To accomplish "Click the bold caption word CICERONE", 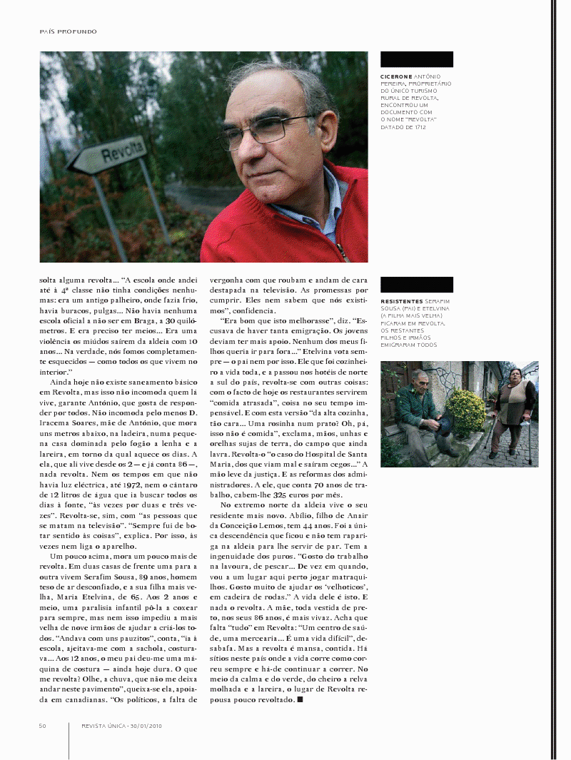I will pyautogui.click(x=397, y=76).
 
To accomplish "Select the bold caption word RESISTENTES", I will pyautogui.click(x=401, y=302).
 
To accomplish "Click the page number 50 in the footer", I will pyautogui.click(x=43, y=726).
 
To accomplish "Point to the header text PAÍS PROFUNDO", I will pyautogui.click(x=68, y=31).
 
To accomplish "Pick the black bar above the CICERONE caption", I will pyautogui.click(x=417, y=59).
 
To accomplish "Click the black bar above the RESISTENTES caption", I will pyautogui.click(x=417, y=285).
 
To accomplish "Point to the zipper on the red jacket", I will pyautogui.click(x=341, y=250).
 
